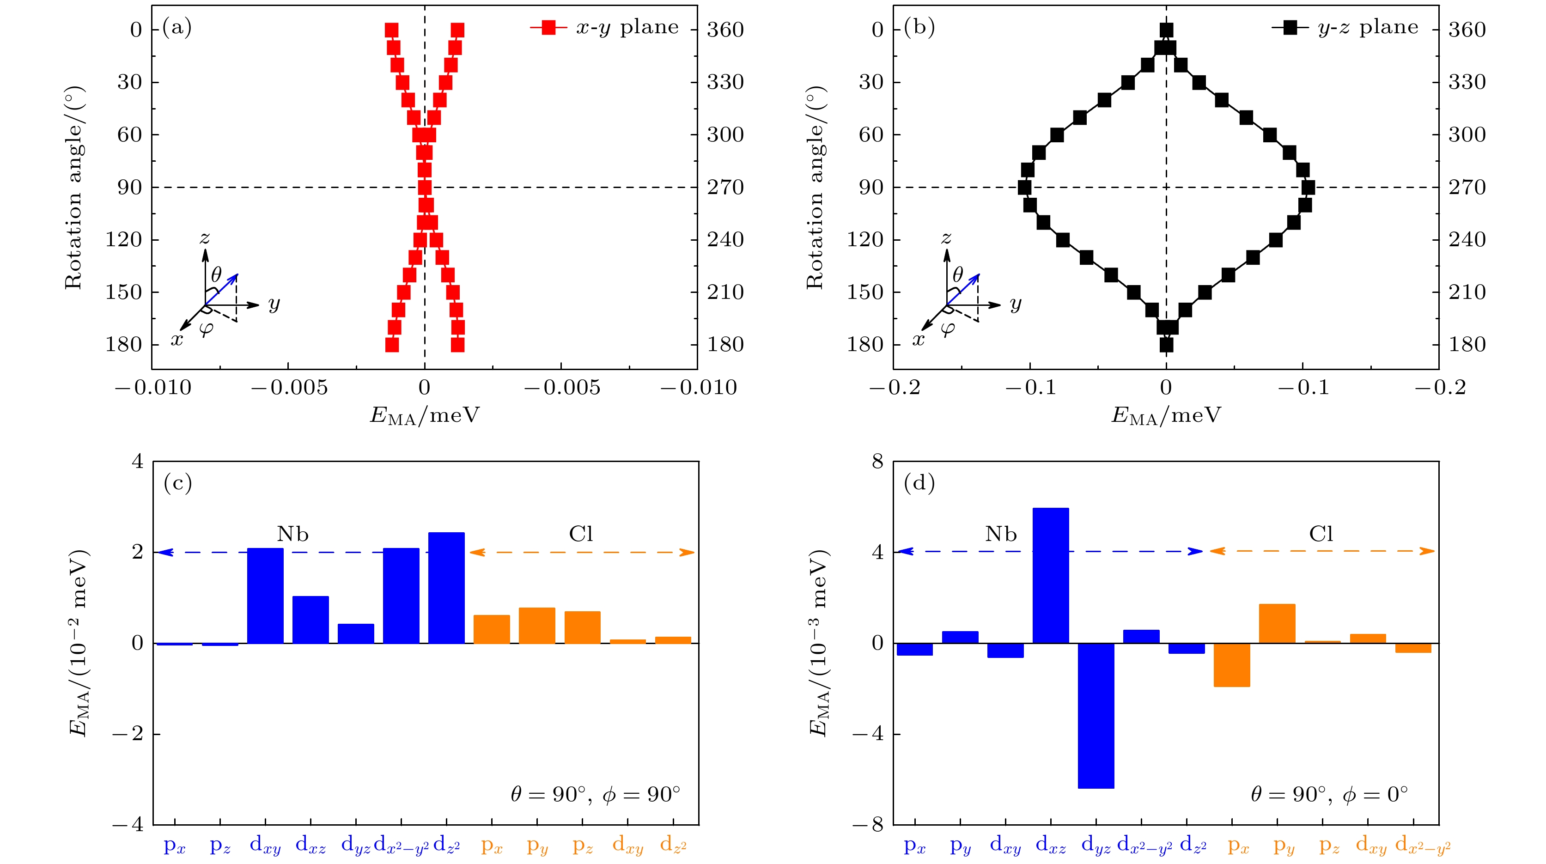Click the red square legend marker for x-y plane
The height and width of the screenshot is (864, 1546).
point(548,28)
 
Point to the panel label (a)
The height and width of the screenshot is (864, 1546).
point(177,28)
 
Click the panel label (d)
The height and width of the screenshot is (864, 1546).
point(919,483)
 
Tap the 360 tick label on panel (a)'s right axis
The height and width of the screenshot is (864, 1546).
point(725,30)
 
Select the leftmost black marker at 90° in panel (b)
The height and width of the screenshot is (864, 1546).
point(1024,188)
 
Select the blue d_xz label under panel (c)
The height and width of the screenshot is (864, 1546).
point(310,846)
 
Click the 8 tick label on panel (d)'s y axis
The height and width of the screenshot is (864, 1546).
point(877,462)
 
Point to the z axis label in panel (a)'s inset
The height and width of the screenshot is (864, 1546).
point(205,238)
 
